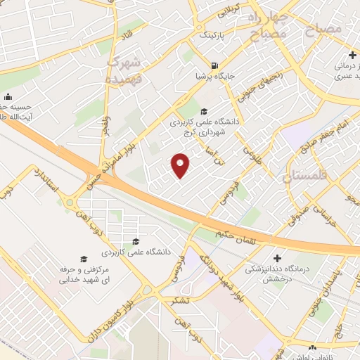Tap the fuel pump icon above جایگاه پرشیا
pos(205,65)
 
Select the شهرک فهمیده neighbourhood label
pos(124,71)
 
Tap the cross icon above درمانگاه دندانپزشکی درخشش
pos(277,258)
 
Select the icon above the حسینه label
pos(8,97)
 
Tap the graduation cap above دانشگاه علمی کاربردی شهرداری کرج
pos(204,111)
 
